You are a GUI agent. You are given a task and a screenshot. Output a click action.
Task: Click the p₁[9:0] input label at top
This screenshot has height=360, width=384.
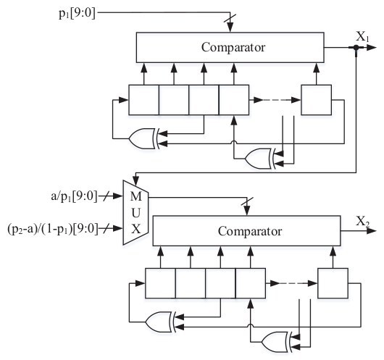tap(77, 13)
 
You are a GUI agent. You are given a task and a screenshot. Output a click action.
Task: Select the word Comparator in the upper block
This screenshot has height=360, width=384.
tap(233, 47)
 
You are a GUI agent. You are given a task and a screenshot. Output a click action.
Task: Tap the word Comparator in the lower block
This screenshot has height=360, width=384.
tap(250, 231)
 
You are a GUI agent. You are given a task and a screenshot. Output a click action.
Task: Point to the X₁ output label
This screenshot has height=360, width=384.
tap(362, 37)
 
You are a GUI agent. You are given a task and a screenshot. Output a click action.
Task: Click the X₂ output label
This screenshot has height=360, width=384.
tap(362, 222)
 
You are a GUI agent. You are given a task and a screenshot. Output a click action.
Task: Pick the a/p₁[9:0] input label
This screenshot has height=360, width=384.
tap(74, 196)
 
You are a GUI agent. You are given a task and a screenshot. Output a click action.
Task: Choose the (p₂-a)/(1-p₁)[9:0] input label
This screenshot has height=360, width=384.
tap(53, 229)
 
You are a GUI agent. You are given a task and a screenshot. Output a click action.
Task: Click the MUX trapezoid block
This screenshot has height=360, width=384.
tap(135, 212)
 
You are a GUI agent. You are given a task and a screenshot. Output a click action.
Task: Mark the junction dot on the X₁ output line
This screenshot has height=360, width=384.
tap(356, 48)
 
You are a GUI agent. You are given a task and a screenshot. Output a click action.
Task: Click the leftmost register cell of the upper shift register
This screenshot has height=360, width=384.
tap(144, 100)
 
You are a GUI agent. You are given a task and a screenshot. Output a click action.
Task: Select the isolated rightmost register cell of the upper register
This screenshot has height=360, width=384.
tap(317, 100)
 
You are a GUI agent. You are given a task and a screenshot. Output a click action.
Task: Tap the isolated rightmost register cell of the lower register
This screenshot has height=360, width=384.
tap(333, 283)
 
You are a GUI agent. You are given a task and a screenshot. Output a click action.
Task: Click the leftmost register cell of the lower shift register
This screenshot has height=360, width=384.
tap(160, 283)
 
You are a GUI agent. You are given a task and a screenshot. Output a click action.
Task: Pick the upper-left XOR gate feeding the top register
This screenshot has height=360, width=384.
tap(143, 138)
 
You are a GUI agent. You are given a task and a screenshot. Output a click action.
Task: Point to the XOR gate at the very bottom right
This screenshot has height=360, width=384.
tap(275, 342)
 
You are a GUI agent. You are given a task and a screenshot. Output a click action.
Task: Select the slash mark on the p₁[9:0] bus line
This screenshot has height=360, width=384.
tap(230, 18)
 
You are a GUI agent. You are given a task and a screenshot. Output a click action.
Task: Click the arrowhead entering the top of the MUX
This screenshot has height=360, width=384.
tap(136, 182)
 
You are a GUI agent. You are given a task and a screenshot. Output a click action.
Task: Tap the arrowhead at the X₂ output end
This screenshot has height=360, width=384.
tap(372, 230)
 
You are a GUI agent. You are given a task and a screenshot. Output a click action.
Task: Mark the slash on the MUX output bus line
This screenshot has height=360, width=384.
tap(247, 201)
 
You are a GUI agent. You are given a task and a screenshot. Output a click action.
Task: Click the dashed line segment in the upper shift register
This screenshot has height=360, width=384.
tap(277, 100)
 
